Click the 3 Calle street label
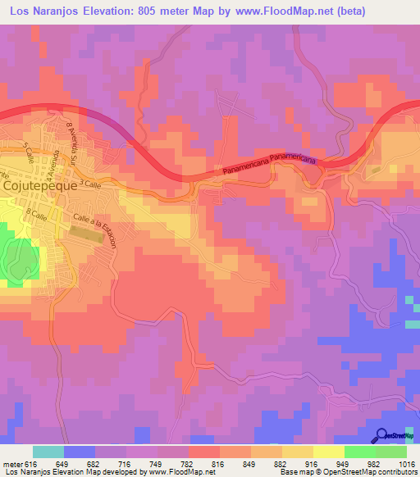coord(91,185)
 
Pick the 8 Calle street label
coord(37,214)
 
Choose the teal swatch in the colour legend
coord(48,452)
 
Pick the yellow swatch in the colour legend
coord(328,452)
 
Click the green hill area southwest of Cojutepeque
coord(18,258)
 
